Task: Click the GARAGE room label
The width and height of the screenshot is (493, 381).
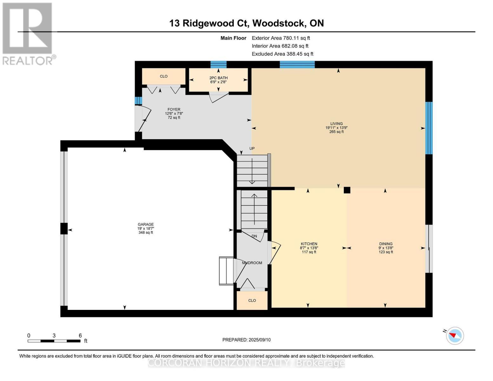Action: (146, 224)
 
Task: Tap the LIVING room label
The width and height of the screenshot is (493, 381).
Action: (336, 124)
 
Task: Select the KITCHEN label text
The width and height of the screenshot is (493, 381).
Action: (309, 244)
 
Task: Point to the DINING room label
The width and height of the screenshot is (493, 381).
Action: (386, 244)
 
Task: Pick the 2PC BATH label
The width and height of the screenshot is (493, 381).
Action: (218, 78)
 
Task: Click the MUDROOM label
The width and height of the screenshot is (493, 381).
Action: (252, 263)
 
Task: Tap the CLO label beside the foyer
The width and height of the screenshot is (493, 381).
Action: (163, 77)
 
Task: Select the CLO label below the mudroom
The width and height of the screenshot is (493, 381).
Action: (252, 300)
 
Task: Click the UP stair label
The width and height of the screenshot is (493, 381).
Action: (252, 148)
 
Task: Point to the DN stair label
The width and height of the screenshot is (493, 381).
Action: (254, 236)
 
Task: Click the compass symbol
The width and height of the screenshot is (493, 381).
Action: (455, 336)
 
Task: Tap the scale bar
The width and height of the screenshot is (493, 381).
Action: (54, 341)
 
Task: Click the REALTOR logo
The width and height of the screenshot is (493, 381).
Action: (28, 34)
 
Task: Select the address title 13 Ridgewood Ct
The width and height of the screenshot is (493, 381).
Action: (246, 23)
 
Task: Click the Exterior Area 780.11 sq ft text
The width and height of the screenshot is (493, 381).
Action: (281, 38)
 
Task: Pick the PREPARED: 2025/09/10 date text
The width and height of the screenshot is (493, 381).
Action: (246, 340)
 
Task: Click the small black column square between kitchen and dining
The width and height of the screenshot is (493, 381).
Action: (347, 190)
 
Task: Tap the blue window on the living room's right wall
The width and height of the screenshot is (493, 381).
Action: (429, 128)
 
